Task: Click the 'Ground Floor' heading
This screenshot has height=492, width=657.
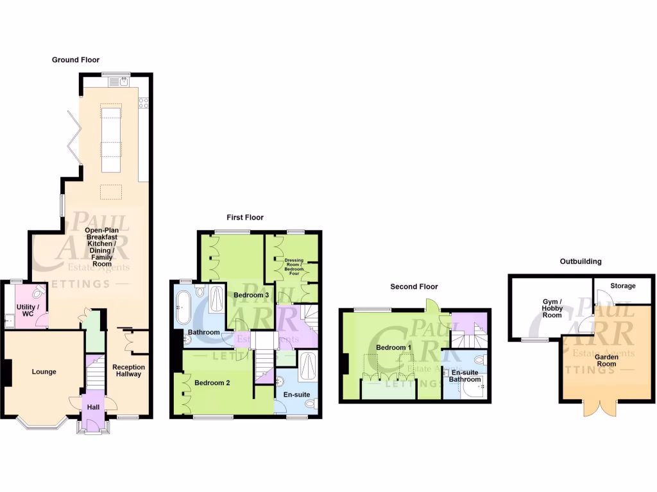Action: pyautogui.click(x=76, y=60)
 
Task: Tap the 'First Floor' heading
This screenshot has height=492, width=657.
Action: pyautogui.click(x=244, y=218)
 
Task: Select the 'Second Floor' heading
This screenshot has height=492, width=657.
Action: pyautogui.click(x=414, y=287)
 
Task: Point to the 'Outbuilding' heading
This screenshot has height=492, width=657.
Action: pyautogui.click(x=580, y=261)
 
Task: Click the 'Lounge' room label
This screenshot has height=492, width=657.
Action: pyautogui.click(x=44, y=372)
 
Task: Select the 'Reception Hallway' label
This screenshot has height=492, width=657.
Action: pyautogui.click(x=128, y=371)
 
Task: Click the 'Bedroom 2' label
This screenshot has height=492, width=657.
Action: pyautogui.click(x=212, y=382)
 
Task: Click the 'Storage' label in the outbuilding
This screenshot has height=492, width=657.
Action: pyautogui.click(x=622, y=286)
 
